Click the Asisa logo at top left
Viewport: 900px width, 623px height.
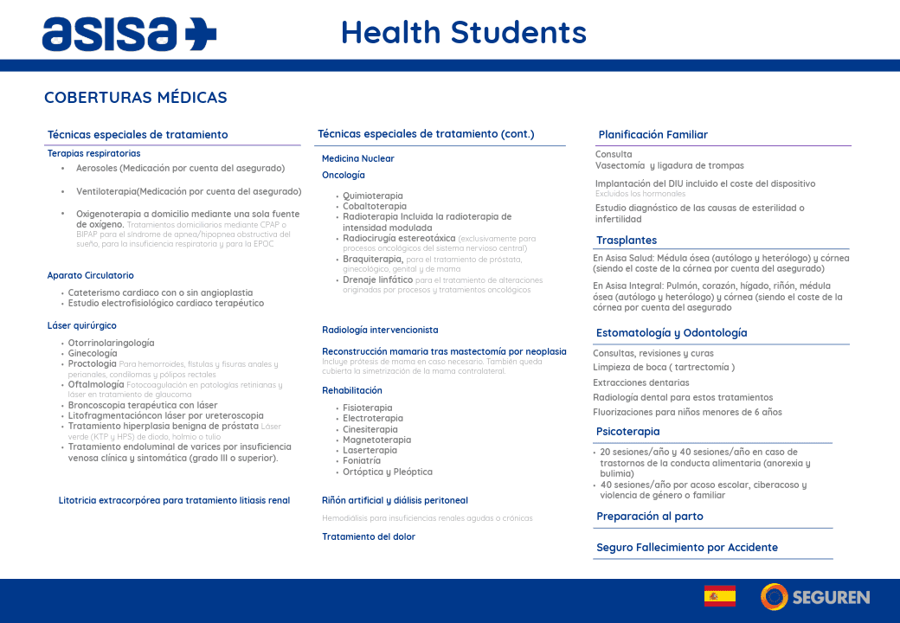129,33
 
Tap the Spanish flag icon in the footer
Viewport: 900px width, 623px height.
720,596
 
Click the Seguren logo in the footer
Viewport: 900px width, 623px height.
815,596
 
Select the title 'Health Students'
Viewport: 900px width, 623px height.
464,32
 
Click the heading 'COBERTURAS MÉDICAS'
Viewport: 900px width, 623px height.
136,98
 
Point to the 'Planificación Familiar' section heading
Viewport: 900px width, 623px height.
653,135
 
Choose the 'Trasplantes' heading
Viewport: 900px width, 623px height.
627,241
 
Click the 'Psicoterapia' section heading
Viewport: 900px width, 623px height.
628,432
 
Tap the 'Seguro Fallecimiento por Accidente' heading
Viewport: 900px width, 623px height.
687,548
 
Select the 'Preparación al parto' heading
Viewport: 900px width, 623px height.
650,517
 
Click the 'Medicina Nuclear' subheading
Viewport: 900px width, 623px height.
358,159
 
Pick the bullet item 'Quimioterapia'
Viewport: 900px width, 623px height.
373,196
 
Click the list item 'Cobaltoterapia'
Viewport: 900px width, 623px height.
375,207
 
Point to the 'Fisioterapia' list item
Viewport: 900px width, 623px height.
368,408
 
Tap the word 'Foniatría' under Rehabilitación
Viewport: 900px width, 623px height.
362,461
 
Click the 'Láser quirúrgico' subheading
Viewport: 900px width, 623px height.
82,326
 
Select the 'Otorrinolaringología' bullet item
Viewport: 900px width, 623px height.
112,344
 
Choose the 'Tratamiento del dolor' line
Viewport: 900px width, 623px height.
369,537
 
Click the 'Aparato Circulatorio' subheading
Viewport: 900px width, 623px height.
91,276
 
